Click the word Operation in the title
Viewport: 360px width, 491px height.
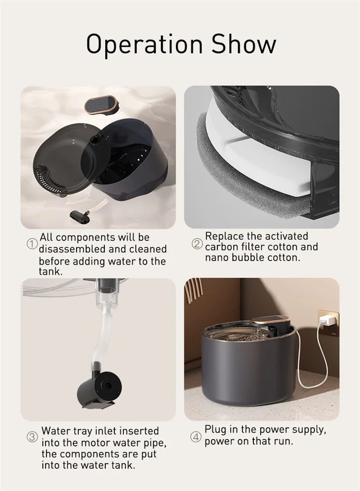pos(144,45)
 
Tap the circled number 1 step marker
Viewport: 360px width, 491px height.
pos(31,243)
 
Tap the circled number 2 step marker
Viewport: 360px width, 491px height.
pos(197,243)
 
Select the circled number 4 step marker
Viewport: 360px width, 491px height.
pos(196,437)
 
